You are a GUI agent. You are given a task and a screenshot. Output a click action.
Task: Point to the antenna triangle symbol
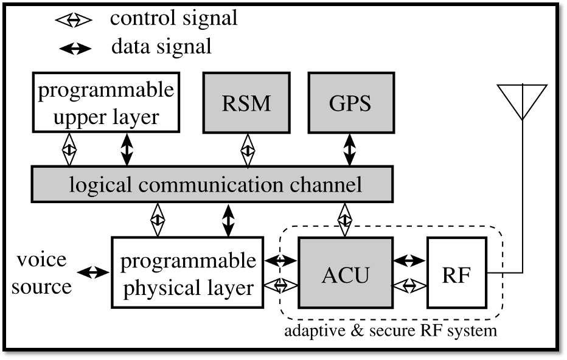click(x=522, y=101)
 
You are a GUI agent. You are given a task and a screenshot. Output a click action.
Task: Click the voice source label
click(x=41, y=273)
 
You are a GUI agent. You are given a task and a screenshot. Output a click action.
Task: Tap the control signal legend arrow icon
click(x=73, y=20)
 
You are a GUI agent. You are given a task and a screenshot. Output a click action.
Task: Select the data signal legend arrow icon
click(x=74, y=48)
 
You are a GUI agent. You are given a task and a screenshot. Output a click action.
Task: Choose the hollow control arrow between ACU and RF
click(x=409, y=284)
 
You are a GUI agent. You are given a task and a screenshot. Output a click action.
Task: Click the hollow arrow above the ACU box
click(x=345, y=220)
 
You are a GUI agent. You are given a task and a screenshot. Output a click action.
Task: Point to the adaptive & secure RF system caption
click(x=391, y=331)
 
